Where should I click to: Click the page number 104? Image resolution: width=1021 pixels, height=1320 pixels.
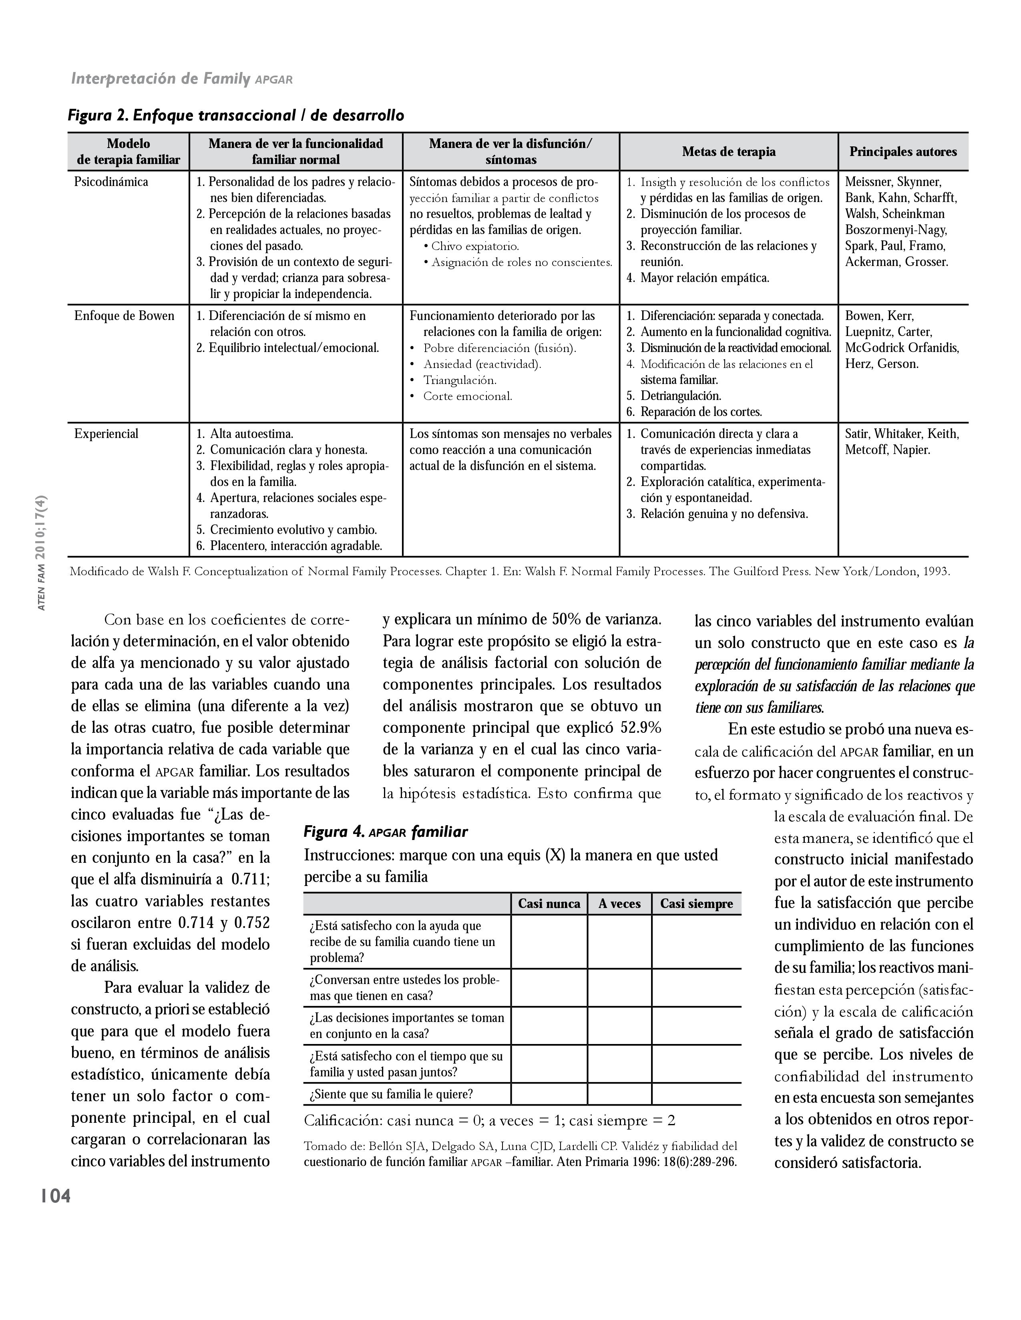pos(55,1196)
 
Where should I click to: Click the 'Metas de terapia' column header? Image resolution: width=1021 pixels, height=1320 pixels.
pos(728,152)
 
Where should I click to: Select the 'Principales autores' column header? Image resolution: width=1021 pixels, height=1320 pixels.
pos(902,152)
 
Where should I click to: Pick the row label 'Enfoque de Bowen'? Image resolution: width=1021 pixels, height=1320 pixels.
pos(124,316)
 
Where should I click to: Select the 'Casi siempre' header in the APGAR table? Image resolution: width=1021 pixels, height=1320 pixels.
pos(696,904)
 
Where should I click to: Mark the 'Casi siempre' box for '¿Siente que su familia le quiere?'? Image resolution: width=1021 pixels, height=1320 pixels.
pos(696,1094)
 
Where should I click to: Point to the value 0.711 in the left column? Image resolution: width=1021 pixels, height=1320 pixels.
pos(250,879)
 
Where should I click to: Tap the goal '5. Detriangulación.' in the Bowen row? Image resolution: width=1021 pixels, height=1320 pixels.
pos(680,396)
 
